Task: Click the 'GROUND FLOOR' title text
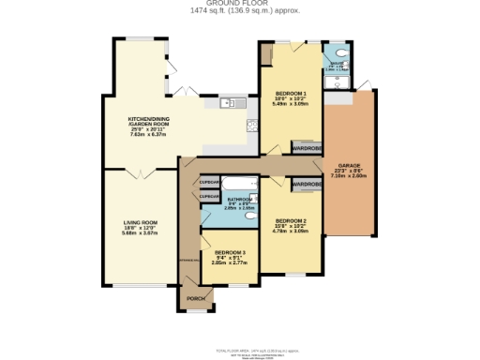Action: [239, 4]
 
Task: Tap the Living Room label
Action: [139, 222]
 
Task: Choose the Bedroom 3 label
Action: [229, 253]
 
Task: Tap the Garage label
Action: [349, 166]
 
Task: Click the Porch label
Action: [196, 297]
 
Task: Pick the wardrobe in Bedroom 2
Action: [307, 185]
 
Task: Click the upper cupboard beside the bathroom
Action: [209, 182]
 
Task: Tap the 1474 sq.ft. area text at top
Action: [239, 11]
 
